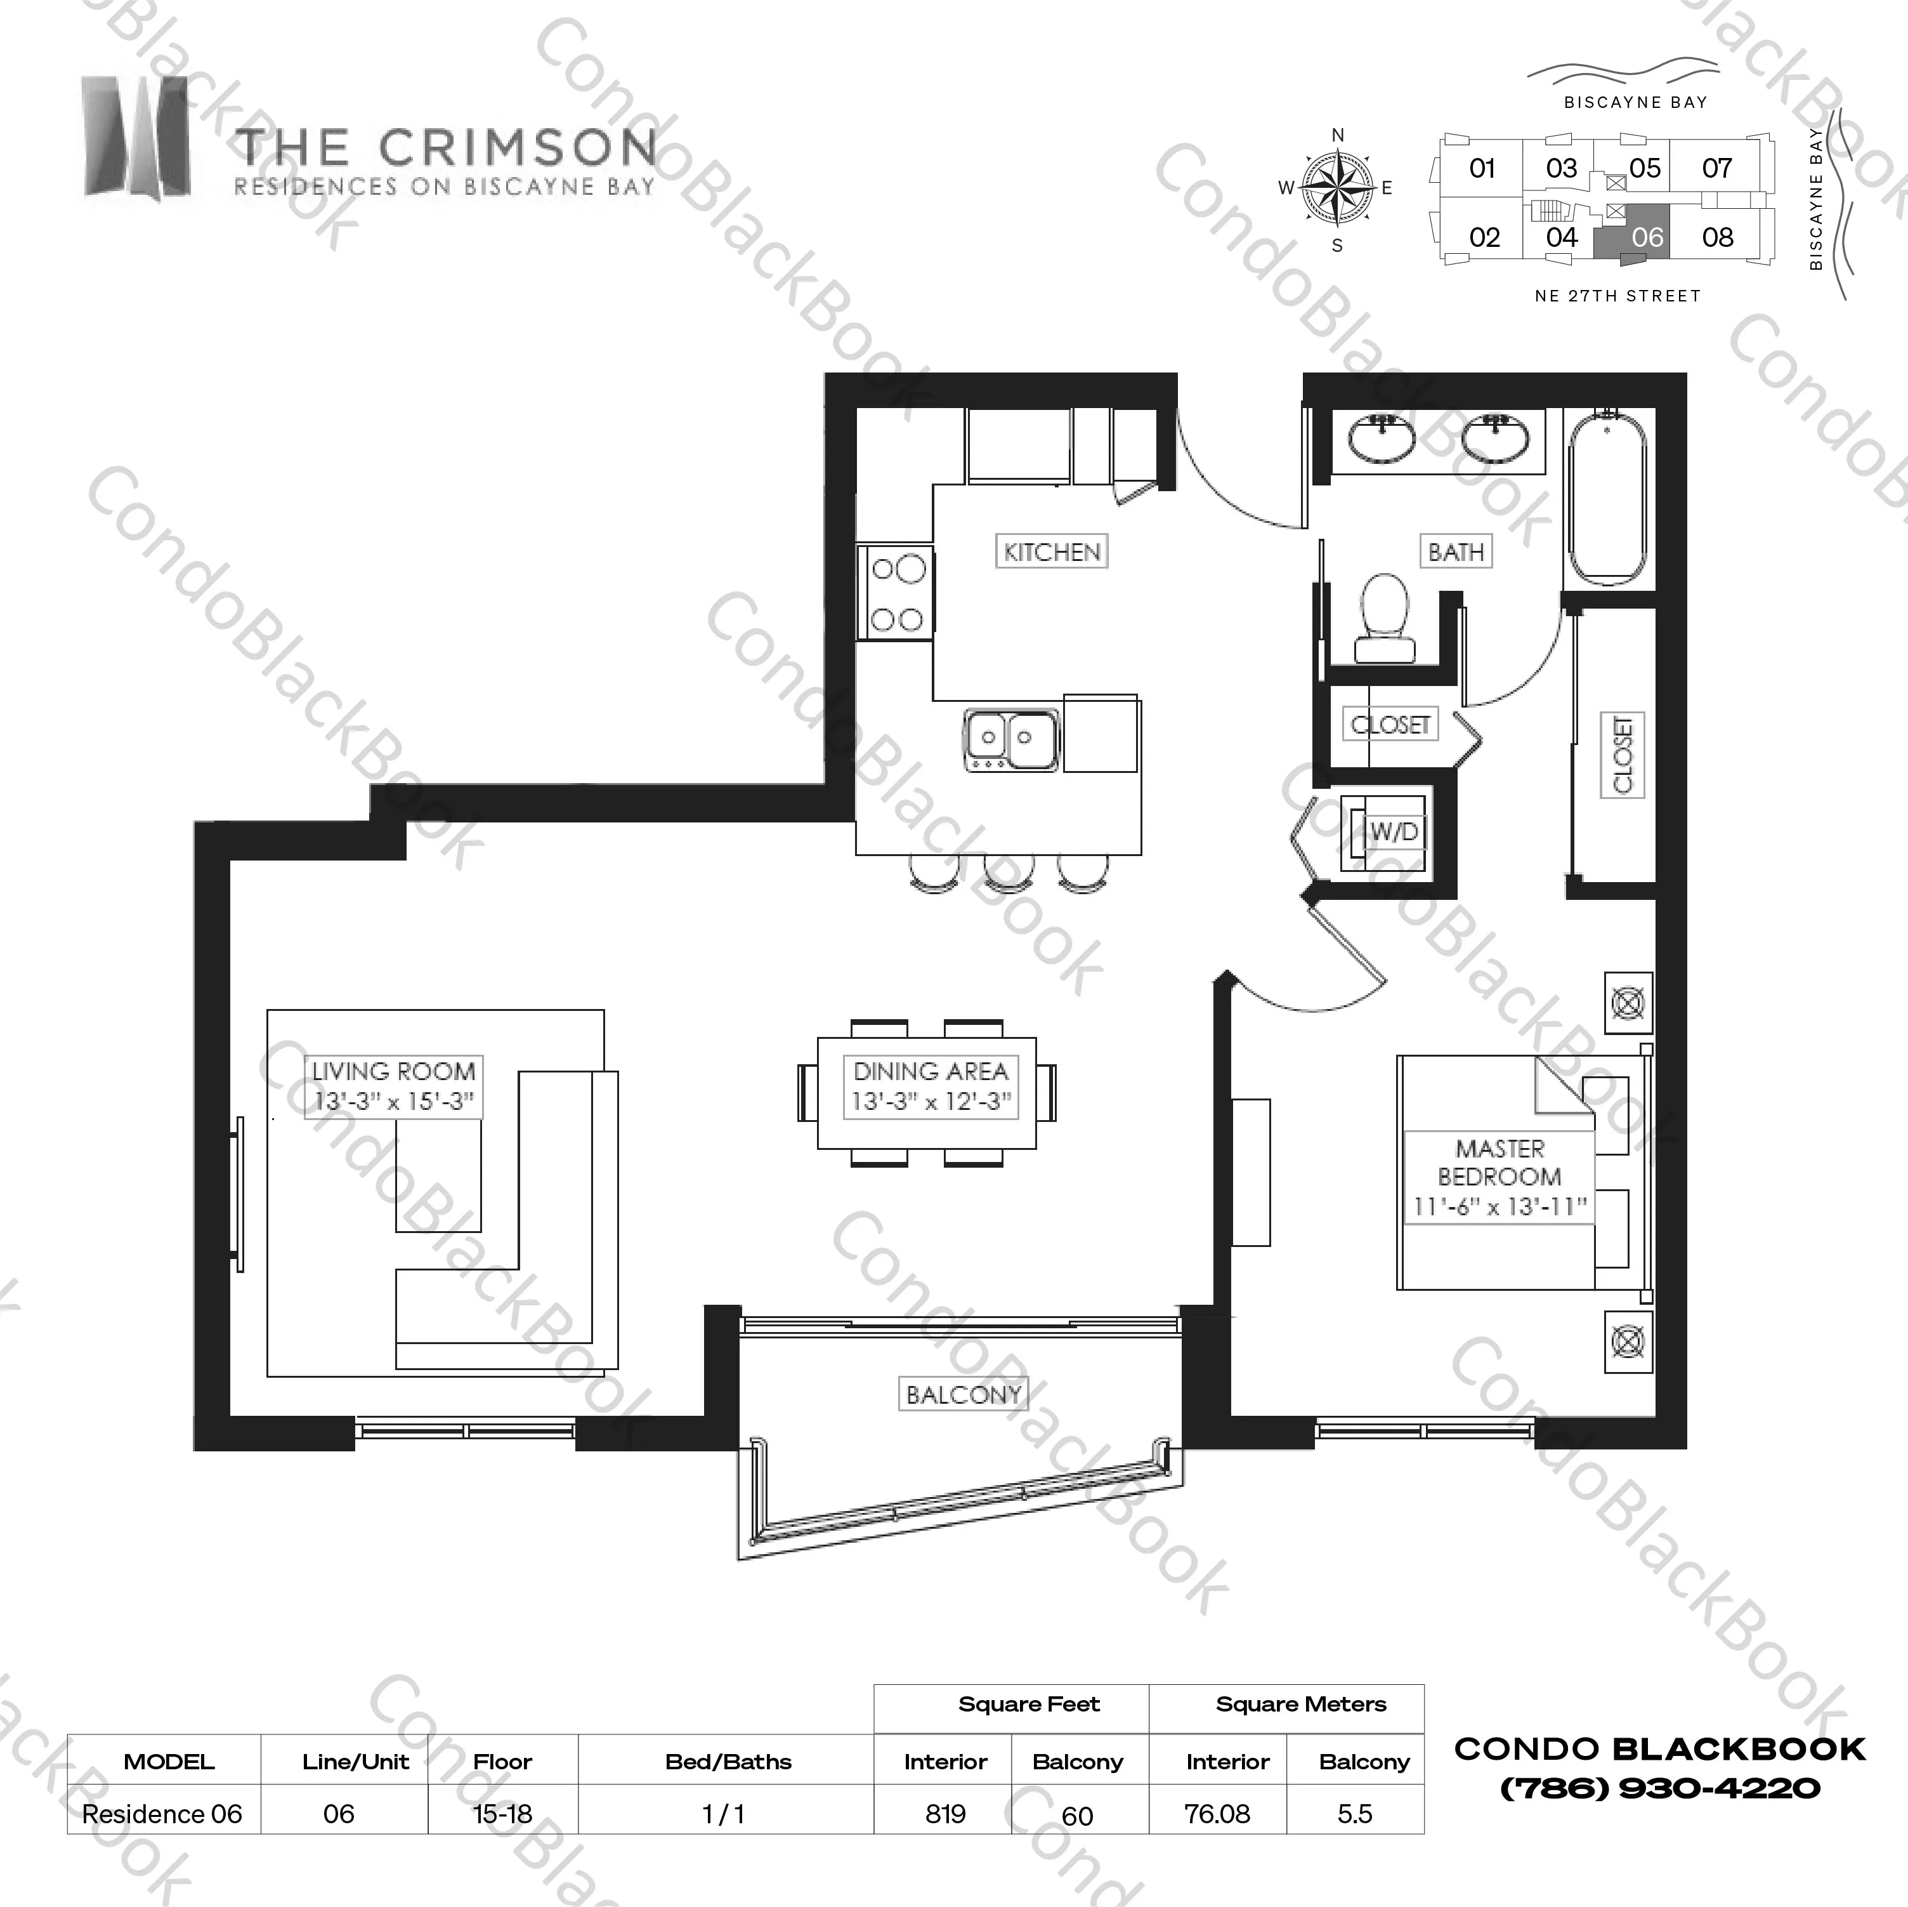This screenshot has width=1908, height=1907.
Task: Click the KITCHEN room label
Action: click(1051, 551)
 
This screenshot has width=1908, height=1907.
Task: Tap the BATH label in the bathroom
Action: click(1456, 551)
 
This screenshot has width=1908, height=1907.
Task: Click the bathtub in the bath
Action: click(1607, 500)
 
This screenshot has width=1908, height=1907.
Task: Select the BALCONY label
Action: click(963, 1394)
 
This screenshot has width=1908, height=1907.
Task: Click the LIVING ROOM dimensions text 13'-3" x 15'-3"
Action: click(394, 1100)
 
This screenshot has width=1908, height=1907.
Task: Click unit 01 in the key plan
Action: click(1481, 168)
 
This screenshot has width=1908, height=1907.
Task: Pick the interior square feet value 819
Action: click(945, 1813)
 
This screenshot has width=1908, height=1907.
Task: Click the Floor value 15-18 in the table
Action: click(502, 1813)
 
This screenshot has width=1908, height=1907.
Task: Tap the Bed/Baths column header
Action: click(728, 1762)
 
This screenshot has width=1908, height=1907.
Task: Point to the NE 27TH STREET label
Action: click(1617, 296)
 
